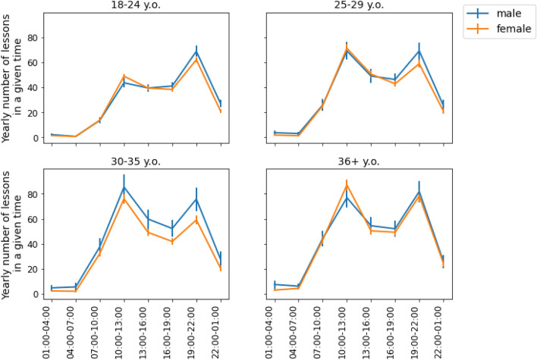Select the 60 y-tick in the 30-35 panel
pyautogui.click(x=30, y=219)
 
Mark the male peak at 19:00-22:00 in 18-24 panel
pyautogui.click(x=196, y=52)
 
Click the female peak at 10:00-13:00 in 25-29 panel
pyautogui.click(x=347, y=49)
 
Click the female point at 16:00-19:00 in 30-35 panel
pyautogui.click(x=172, y=242)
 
